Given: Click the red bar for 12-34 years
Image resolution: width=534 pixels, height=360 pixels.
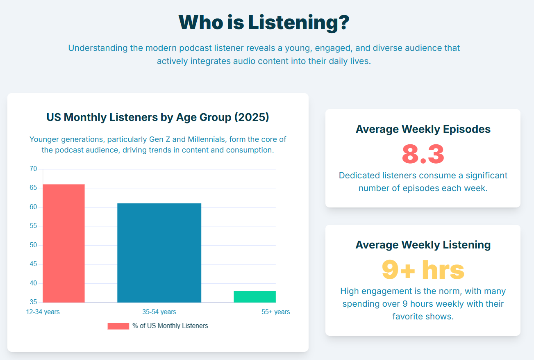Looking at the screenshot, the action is click(64, 243).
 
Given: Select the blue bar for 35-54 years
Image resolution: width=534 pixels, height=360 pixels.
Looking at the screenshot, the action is click(159, 253).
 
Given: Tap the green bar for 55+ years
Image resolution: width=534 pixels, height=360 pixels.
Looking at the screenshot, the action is click(255, 297).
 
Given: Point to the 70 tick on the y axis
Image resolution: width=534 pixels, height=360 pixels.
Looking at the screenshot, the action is click(33, 169).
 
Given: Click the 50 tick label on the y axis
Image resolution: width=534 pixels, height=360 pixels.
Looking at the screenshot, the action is click(33, 245).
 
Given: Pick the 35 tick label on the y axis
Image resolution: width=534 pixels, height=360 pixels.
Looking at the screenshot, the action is click(33, 302).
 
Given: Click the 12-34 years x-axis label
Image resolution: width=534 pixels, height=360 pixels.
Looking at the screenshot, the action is click(43, 312).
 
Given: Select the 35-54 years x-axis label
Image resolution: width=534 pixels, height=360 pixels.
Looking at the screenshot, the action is click(159, 312).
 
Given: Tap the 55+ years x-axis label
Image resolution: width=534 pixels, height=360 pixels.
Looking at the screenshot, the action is click(275, 312).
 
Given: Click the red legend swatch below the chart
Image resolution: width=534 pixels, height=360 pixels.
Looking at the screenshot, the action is click(118, 326).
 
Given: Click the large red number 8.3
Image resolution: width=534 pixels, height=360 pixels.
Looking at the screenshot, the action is click(423, 154).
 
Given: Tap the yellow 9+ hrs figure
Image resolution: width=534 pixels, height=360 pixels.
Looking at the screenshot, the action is click(423, 269).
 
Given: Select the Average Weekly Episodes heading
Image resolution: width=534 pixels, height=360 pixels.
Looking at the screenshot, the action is click(423, 129).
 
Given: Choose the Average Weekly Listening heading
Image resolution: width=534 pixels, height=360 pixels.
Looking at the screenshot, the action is click(423, 245).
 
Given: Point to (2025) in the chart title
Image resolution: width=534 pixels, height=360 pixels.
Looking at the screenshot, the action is click(252, 117).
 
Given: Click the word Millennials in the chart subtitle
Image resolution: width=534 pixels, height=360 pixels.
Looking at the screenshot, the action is click(207, 139).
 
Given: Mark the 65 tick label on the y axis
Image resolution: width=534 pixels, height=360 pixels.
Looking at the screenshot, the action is click(33, 188).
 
